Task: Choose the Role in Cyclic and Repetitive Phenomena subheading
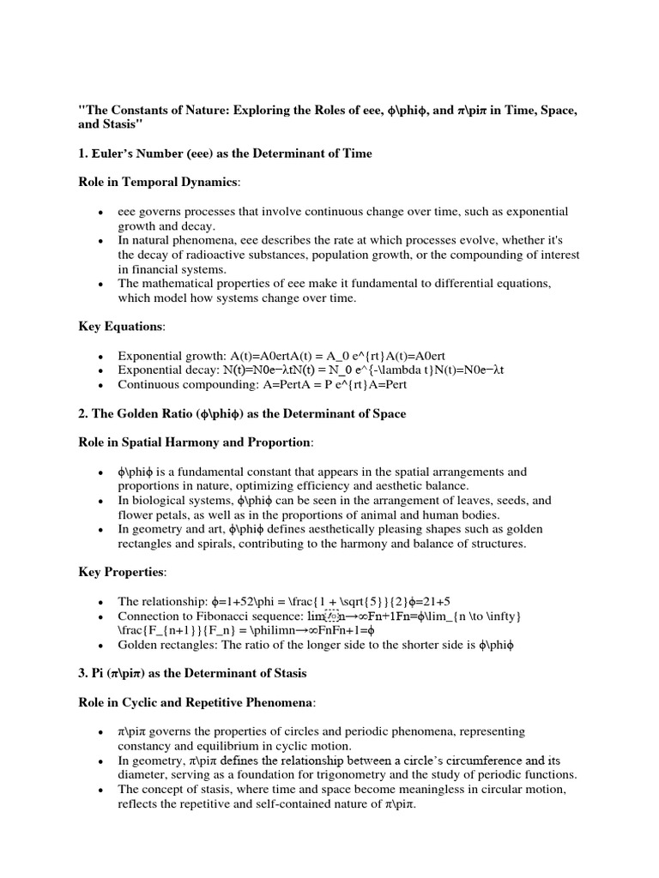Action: (196, 702)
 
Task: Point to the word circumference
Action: (475, 761)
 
